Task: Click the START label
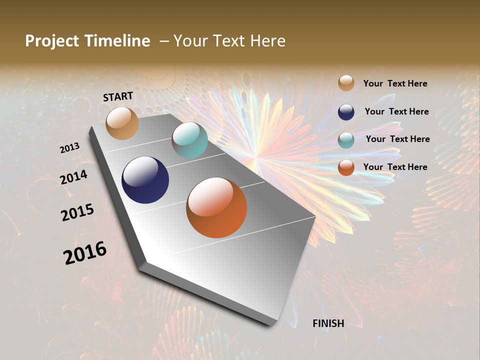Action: [118, 96]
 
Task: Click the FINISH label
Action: [328, 323]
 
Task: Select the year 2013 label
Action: [70, 148]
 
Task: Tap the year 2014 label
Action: [74, 177]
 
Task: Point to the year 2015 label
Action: [77, 212]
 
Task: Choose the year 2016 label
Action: [85, 253]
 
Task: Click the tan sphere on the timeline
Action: [122, 123]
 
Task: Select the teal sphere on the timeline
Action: [189, 140]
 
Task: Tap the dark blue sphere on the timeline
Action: [145, 180]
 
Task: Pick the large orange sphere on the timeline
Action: [216, 207]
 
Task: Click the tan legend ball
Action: [346, 83]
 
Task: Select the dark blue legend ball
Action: [346, 112]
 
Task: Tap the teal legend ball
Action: [346, 140]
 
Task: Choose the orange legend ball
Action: [346, 167]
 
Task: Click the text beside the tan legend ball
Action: [395, 84]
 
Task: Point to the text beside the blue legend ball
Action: [396, 111]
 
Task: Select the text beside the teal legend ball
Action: [397, 139]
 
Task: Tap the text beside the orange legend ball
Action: [395, 167]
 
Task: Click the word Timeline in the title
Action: [117, 41]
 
